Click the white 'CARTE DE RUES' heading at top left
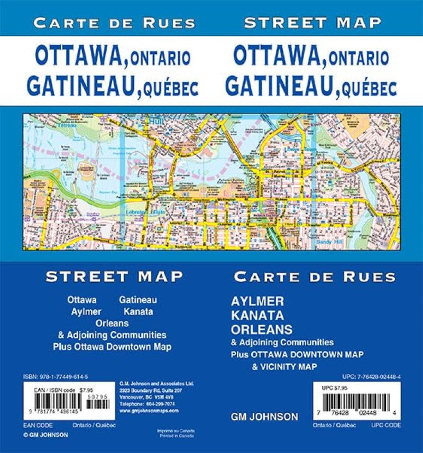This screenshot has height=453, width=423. click(x=113, y=23)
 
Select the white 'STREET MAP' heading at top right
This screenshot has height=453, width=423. click(x=313, y=23)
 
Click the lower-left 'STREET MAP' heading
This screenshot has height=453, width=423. click(x=114, y=276)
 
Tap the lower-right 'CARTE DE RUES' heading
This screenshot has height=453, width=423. click(x=315, y=276)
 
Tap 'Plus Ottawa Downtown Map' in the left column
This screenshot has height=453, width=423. click(x=112, y=347)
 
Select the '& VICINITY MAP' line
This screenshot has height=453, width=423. click(x=282, y=366)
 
